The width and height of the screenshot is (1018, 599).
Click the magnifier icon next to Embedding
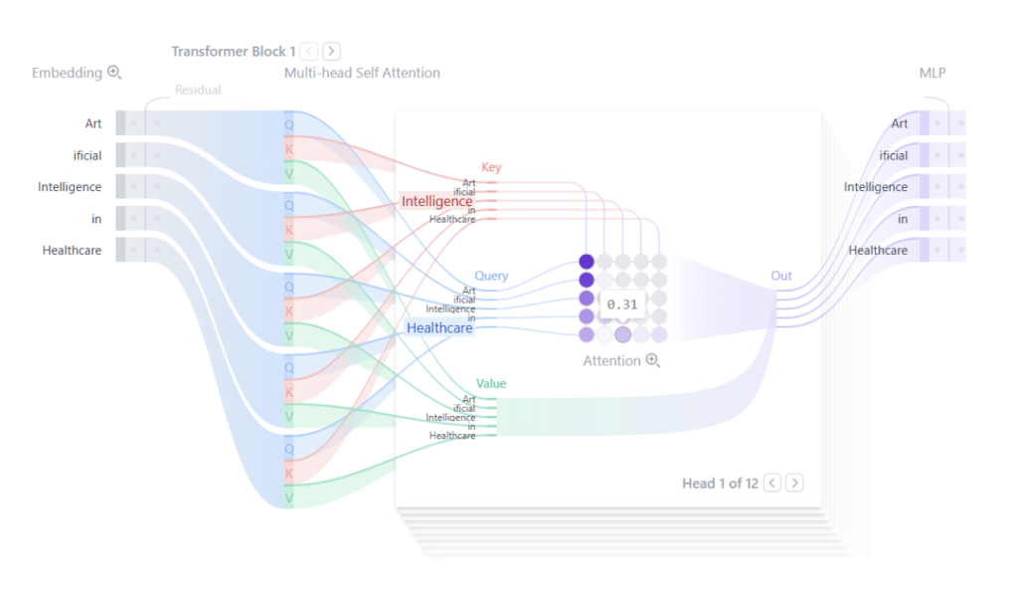(x=114, y=73)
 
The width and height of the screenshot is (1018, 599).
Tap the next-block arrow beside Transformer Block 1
(x=331, y=51)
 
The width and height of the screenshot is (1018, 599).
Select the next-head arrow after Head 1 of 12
(x=794, y=483)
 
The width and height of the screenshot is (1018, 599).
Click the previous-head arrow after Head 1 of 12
(x=772, y=483)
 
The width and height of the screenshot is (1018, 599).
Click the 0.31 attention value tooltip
(x=621, y=304)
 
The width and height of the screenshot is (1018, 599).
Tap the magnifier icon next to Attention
(x=653, y=360)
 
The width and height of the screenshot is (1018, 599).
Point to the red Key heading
(x=491, y=168)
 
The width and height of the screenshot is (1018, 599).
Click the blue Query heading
(x=491, y=276)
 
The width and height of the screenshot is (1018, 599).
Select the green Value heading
(x=491, y=383)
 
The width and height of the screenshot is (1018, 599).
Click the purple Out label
(x=781, y=276)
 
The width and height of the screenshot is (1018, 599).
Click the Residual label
(x=198, y=90)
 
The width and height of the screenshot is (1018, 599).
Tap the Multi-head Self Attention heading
(x=362, y=73)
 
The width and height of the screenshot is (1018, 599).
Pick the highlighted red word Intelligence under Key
(x=436, y=202)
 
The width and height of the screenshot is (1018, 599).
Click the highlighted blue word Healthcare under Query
(x=439, y=327)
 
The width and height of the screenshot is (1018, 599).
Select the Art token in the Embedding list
(x=93, y=123)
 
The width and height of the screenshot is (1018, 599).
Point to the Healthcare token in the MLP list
(x=878, y=250)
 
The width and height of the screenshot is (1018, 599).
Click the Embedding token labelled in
(x=96, y=218)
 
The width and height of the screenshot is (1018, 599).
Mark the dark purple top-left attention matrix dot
(x=587, y=262)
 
